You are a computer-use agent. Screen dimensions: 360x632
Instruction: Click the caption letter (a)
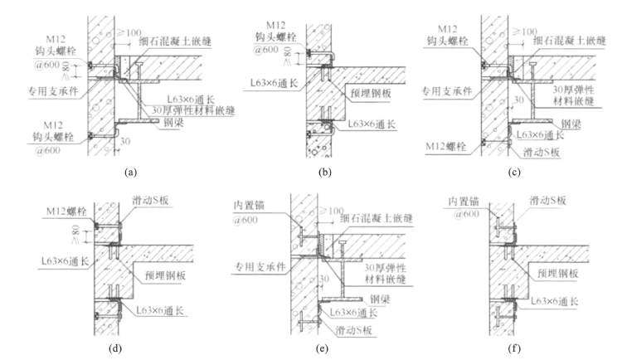(x=129, y=173)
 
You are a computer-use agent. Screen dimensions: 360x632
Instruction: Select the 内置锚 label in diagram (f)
(x=464, y=202)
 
